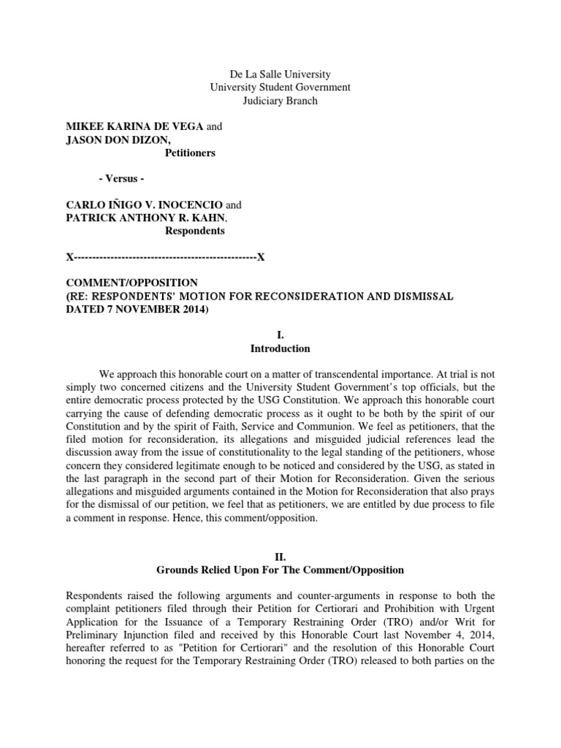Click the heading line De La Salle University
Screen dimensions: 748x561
pyautogui.click(x=280, y=74)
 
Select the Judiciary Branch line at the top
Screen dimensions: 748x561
pyautogui.click(x=280, y=101)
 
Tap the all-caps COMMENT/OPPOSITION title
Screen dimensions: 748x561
pyautogui.click(x=132, y=283)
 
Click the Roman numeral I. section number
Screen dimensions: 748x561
pyautogui.click(x=280, y=335)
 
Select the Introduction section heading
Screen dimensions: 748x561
pyautogui.click(x=280, y=348)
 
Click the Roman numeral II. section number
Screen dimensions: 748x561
pyautogui.click(x=280, y=557)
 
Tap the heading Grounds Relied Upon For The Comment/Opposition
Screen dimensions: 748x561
pyautogui.click(x=280, y=570)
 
